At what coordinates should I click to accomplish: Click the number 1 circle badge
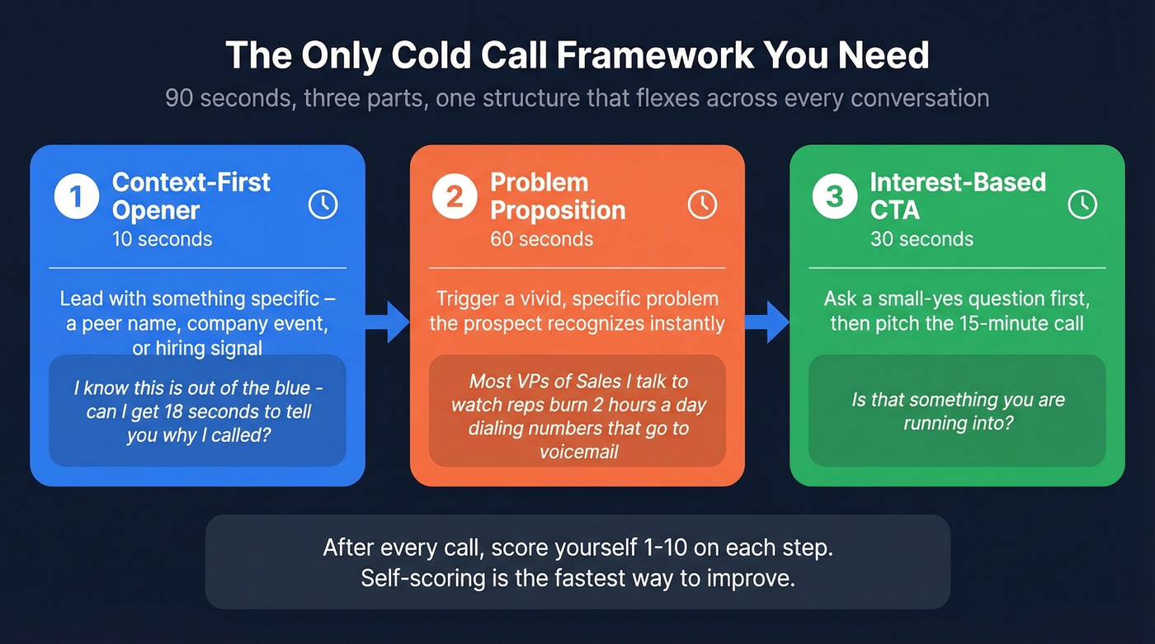click(76, 197)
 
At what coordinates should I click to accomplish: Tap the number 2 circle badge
click(455, 197)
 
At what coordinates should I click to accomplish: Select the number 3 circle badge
click(834, 197)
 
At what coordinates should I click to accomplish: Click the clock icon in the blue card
click(323, 204)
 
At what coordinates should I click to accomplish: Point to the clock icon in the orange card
click(702, 204)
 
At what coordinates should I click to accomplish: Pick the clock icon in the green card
click(1082, 204)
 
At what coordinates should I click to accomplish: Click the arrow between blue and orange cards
click(388, 322)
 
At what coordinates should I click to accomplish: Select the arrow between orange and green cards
click(767, 322)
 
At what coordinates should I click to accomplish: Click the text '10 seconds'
click(162, 239)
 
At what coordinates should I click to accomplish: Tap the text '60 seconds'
click(541, 239)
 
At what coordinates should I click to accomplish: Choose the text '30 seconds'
click(922, 239)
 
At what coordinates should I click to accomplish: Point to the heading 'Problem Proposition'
click(558, 196)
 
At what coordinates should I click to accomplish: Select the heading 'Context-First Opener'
click(191, 196)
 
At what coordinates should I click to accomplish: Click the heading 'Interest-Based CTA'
click(958, 196)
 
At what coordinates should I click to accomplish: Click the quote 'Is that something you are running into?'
click(957, 411)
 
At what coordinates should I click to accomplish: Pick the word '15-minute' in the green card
click(973, 322)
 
